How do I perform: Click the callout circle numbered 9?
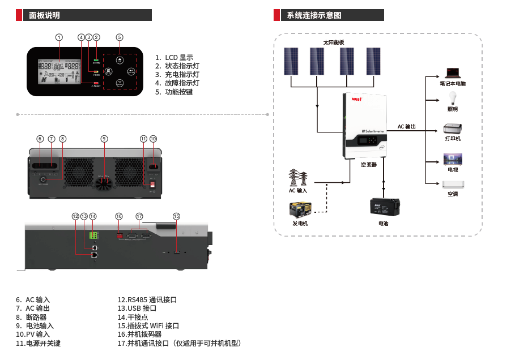[x=104, y=139]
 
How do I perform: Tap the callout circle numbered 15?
[x=177, y=216]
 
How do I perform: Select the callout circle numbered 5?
[x=120, y=37]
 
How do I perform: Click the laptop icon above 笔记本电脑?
[x=453, y=73]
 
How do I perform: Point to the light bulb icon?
[x=453, y=97]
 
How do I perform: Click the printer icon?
[x=453, y=128]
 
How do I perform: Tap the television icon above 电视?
[x=453, y=159]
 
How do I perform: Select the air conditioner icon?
[x=453, y=185]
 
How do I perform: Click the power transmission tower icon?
[x=298, y=178]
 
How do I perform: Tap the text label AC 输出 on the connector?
[x=407, y=127]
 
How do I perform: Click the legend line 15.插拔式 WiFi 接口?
[x=148, y=325]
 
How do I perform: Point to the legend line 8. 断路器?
[x=31, y=317]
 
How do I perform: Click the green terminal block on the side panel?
[x=93, y=235]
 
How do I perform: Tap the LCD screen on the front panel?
[x=58, y=71]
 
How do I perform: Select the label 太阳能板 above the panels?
[x=334, y=42]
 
